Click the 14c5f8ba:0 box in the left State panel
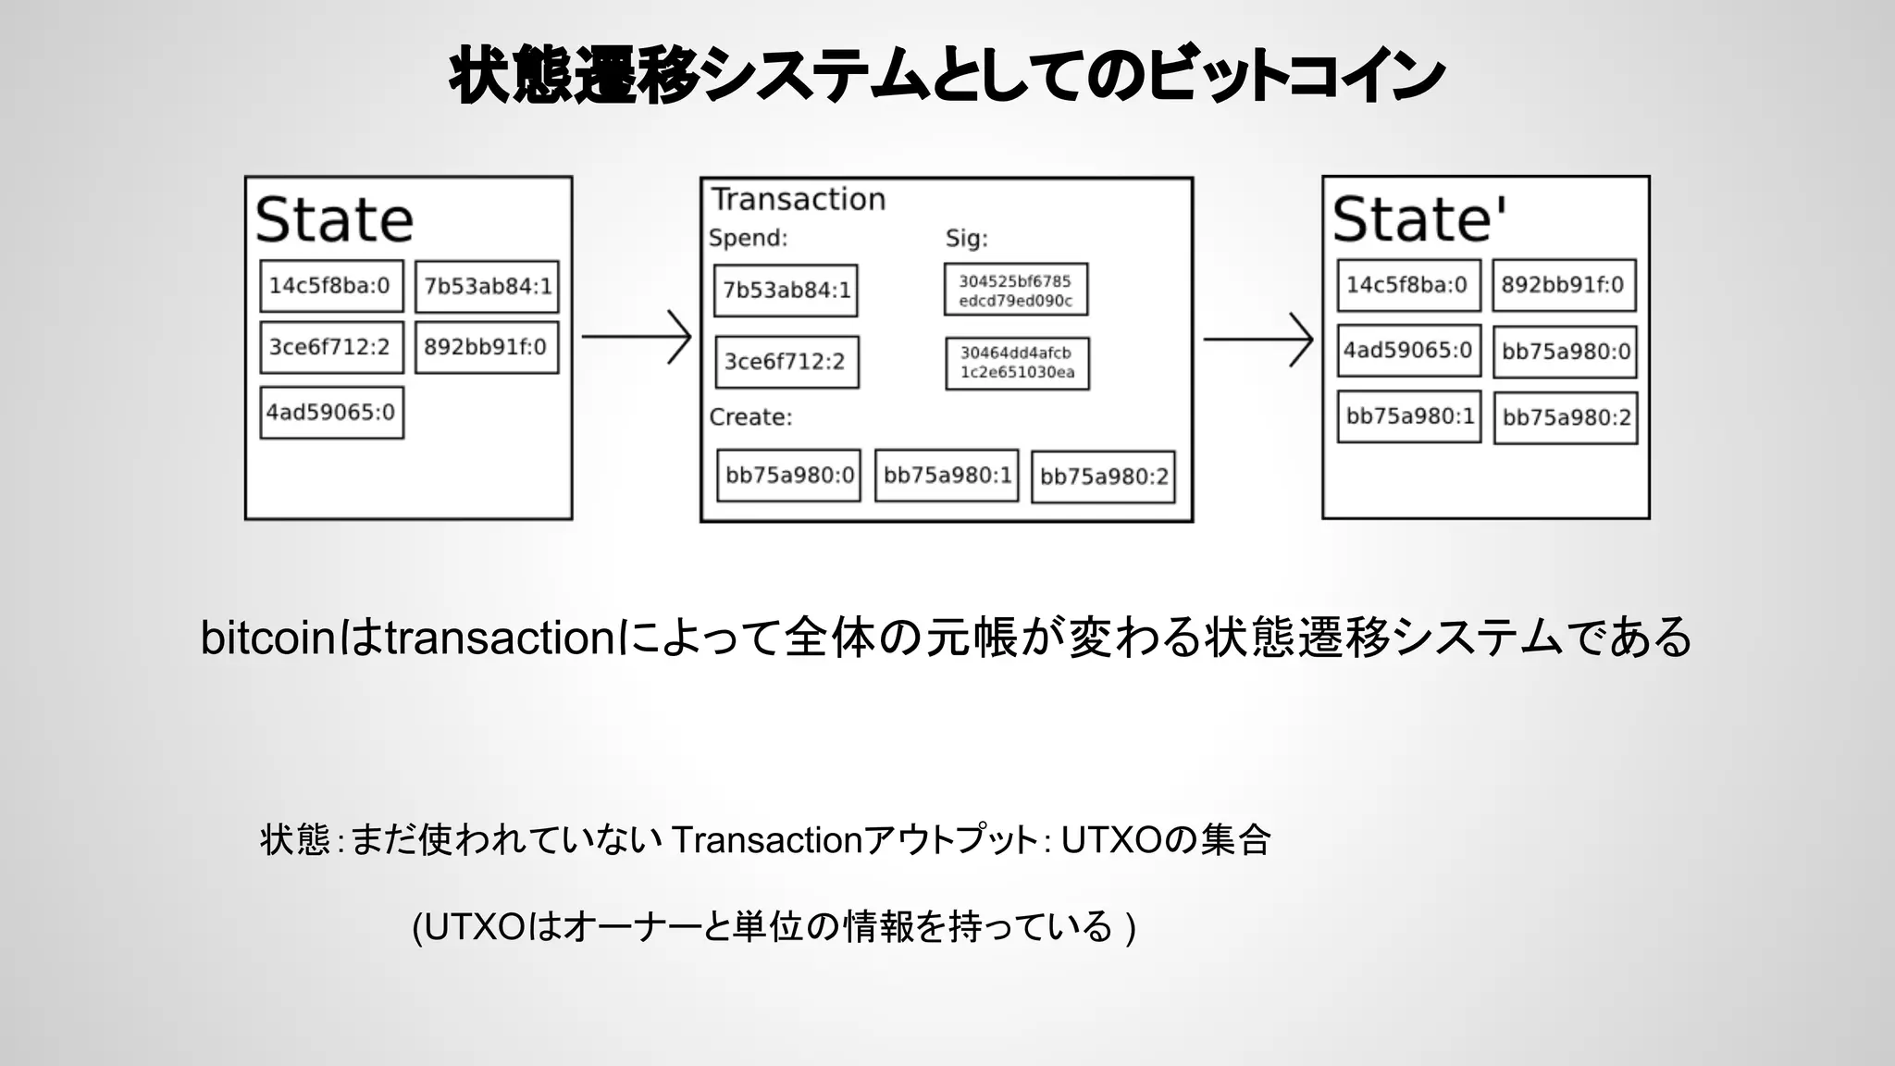click(330, 286)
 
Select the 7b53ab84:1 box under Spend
click(786, 291)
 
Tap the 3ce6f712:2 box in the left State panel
click(330, 347)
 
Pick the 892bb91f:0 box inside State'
click(1563, 285)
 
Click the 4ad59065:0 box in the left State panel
click(330, 413)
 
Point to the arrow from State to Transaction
click(637, 337)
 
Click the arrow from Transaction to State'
click(1258, 340)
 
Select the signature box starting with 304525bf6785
click(1015, 290)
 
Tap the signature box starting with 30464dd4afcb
click(1017, 363)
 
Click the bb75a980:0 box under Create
click(788, 476)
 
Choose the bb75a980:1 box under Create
click(947, 476)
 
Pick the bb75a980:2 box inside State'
click(1566, 418)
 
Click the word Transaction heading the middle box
click(798, 199)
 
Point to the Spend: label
click(748, 238)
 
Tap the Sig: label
click(966, 239)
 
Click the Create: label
click(750, 417)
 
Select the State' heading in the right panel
click(1418, 219)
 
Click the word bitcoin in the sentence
click(266, 638)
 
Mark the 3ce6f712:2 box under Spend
click(786, 362)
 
